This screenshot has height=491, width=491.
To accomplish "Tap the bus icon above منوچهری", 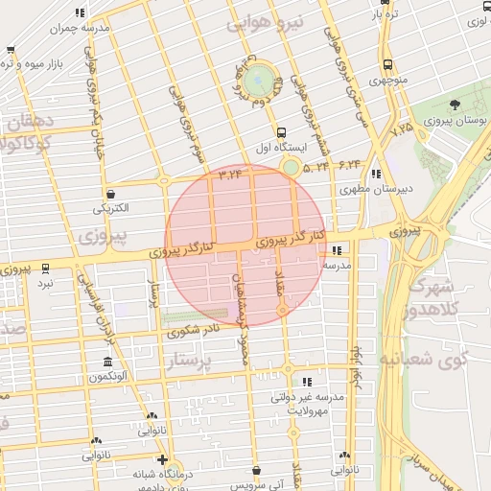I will (386, 64).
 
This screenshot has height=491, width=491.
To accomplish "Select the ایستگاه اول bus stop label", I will (279, 150).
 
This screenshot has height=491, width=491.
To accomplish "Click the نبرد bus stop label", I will (46, 284).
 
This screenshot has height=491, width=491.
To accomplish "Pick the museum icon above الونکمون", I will (107, 362).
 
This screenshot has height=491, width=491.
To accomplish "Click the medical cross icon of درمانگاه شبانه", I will (162, 459).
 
